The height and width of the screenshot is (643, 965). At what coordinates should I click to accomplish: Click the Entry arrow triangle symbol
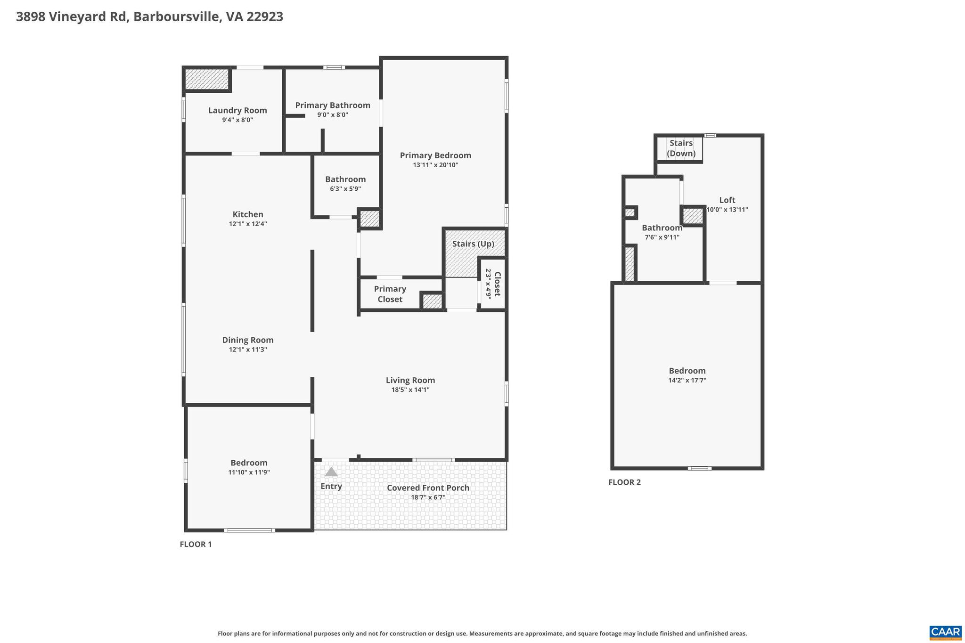[331, 472]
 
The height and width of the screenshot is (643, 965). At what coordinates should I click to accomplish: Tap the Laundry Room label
[237, 110]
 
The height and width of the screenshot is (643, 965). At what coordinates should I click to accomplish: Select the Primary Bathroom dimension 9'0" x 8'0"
[332, 115]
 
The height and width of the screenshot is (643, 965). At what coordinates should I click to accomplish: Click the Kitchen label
[248, 214]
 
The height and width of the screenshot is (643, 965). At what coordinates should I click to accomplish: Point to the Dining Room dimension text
[248, 350]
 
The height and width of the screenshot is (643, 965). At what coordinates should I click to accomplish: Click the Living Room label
[410, 380]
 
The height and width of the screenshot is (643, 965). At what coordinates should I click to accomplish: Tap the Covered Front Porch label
[428, 488]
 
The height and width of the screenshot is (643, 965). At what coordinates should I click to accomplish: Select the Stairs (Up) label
[473, 244]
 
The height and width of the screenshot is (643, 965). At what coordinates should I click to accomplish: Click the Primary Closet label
[390, 294]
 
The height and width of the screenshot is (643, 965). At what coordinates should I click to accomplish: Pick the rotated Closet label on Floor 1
[497, 284]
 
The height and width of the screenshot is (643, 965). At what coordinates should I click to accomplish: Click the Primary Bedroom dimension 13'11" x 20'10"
[435, 165]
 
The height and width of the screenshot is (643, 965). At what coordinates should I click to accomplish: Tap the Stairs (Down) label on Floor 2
[681, 148]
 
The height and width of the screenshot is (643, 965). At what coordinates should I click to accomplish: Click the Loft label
[727, 200]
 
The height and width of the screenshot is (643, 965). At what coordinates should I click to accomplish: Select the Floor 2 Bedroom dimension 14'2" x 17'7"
[687, 380]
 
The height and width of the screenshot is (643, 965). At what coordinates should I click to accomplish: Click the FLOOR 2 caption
[624, 482]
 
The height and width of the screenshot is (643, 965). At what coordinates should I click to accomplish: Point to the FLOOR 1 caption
[196, 544]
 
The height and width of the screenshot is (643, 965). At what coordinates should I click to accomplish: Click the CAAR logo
[945, 632]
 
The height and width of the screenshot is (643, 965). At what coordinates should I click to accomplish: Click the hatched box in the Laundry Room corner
[206, 79]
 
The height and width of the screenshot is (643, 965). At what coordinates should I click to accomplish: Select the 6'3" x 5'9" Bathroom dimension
[345, 189]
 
